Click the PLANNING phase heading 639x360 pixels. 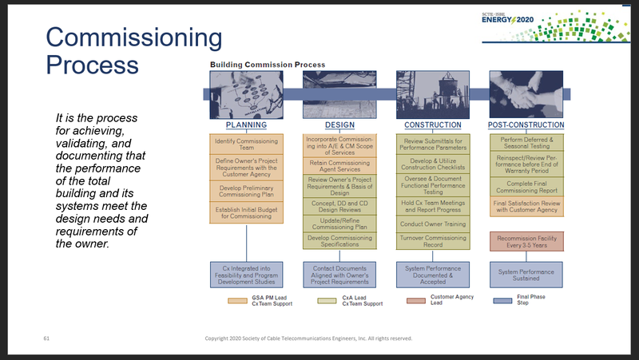[x=245, y=125]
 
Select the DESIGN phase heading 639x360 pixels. [x=339, y=125]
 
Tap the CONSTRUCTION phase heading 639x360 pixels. [x=433, y=125]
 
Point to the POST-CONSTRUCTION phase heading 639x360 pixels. [x=526, y=125]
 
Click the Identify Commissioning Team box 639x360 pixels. [x=246, y=145]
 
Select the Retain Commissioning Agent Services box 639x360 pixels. [x=339, y=165]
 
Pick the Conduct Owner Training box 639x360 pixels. [x=432, y=224]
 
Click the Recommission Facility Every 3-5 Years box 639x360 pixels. [x=526, y=242]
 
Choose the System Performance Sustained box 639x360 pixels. [x=526, y=274]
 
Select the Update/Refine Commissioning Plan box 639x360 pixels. [x=339, y=222]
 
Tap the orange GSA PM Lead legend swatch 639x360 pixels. [x=238, y=300]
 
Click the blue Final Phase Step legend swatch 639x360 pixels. [x=502, y=301]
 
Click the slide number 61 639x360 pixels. [x=46, y=338]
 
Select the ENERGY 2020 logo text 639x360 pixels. [x=514, y=18]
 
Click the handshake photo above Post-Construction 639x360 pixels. [x=526, y=94]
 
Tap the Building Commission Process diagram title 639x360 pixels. [x=268, y=64]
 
